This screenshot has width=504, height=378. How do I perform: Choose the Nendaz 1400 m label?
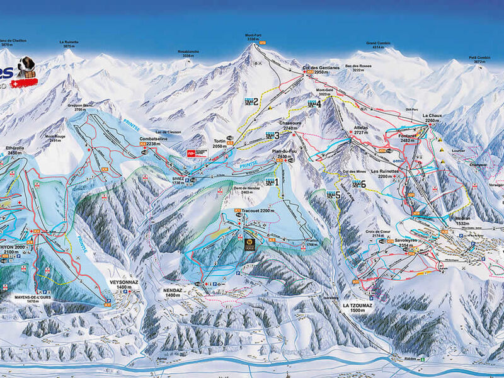tap(173, 292)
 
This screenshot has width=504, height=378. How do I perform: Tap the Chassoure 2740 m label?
tap(290, 125)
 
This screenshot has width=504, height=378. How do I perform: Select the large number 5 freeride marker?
tap(338, 195)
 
